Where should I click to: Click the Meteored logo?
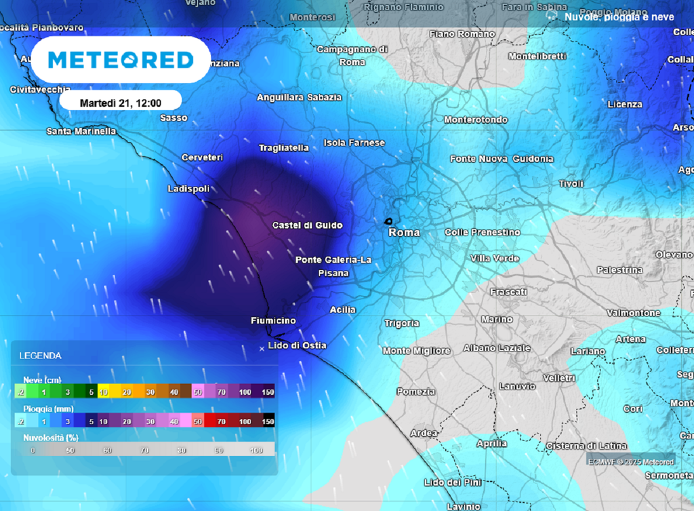121,60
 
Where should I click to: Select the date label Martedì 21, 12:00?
121,102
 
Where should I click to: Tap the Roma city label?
404,232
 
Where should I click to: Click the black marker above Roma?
388,221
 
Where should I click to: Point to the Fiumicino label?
273,320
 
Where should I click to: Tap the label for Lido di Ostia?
297,345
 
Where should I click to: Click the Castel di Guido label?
307,225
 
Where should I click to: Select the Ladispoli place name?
188,189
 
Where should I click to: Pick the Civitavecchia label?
40,90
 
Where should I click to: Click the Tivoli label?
571,184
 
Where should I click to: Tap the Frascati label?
508,292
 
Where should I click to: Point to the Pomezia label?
416,392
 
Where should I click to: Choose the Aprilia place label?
491,443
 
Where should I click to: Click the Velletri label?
559,377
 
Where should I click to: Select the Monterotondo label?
475,119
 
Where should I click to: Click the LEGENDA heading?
40,356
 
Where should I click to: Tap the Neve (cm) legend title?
41,380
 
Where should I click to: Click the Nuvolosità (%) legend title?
50,438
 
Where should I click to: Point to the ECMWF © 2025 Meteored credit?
630,462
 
